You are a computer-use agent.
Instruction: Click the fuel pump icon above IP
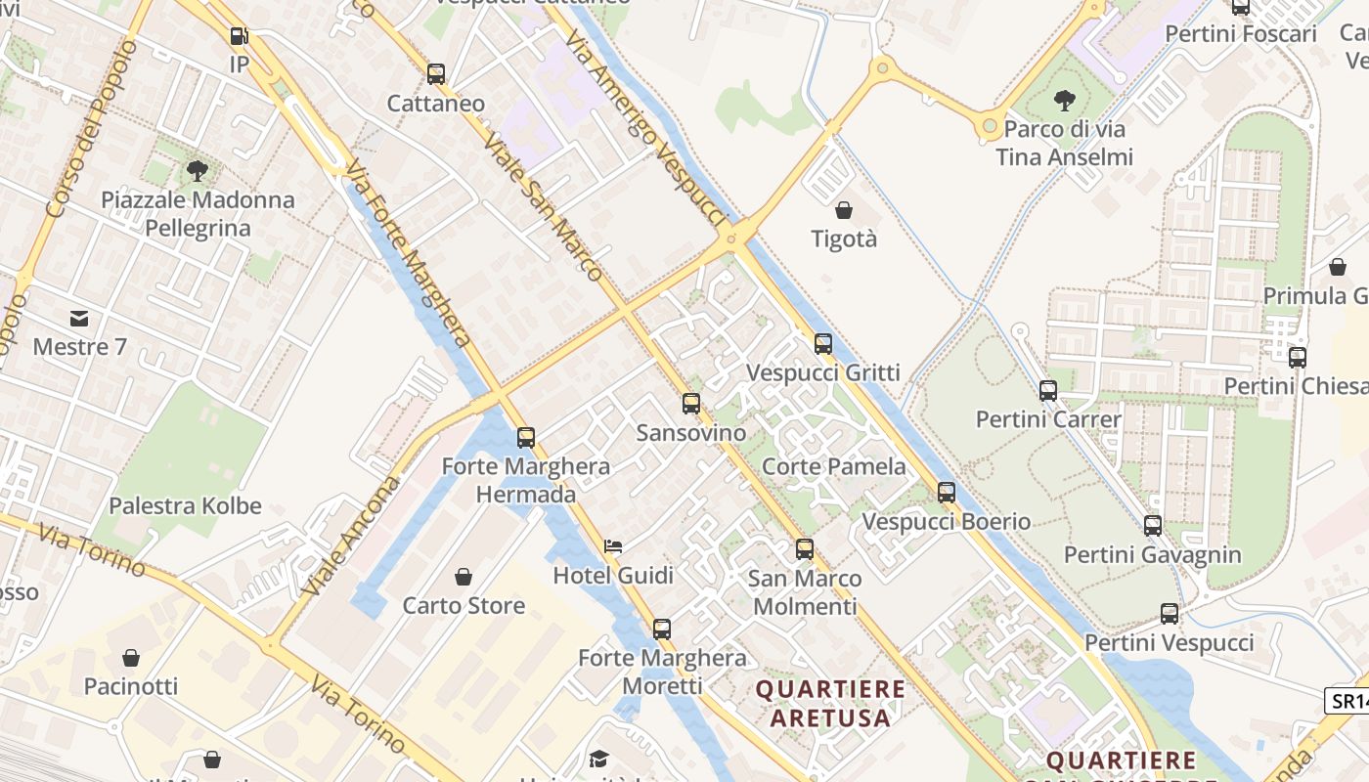pyautogui.click(x=239, y=36)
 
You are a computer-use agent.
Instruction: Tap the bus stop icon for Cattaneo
pyautogui.click(x=436, y=73)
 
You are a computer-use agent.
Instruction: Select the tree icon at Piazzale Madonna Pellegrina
pyautogui.click(x=198, y=171)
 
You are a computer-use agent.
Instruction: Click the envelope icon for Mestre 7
pyautogui.click(x=79, y=318)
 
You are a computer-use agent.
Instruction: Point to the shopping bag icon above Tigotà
pyautogui.click(x=844, y=209)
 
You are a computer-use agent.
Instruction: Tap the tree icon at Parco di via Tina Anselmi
pyautogui.click(x=1064, y=100)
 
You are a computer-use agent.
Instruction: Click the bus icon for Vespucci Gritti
pyautogui.click(x=823, y=343)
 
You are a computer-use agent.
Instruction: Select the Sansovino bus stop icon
pyautogui.click(x=691, y=403)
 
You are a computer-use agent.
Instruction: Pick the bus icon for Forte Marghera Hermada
pyautogui.click(x=526, y=437)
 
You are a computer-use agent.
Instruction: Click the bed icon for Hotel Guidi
pyautogui.click(x=613, y=546)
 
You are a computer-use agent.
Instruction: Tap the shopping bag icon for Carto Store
pyautogui.click(x=464, y=576)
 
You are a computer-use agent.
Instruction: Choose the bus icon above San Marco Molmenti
pyautogui.click(x=804, y=548)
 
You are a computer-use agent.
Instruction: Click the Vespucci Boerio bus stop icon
pyautogui.click(x=946, y=492)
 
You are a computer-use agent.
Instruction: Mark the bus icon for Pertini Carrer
pyautogui.click(x=1048, y=390)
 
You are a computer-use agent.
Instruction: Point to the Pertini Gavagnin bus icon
pyautogui.click(x=1153, y=525)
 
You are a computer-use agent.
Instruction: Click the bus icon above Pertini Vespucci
pyautogui.click(x=1170, y=613)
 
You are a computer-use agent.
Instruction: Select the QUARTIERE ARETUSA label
pyautogui.click(x=830, y=703)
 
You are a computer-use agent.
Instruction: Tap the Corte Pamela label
pyautogui.click(x=833, y=466)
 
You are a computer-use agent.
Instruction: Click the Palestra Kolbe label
pyautogui.click(x=185, y=505)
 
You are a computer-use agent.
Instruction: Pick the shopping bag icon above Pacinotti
pyautogui.click(x=131, y=657)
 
